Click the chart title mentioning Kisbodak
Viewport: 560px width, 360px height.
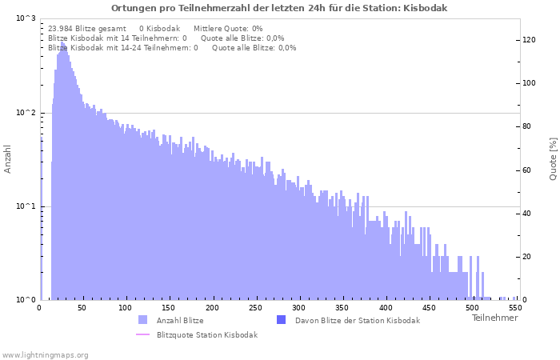(279, 8)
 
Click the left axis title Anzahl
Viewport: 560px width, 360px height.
(8, 158)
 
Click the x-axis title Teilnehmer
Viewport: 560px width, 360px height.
(494, 318)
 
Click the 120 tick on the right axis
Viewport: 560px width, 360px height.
(529, 40)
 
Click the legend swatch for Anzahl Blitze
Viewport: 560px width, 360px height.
(142, 320)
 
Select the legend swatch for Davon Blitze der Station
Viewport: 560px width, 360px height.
(281, 320)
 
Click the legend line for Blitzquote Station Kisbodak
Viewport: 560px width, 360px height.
(142, 334)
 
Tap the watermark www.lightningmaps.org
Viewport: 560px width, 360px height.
(46, 354)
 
